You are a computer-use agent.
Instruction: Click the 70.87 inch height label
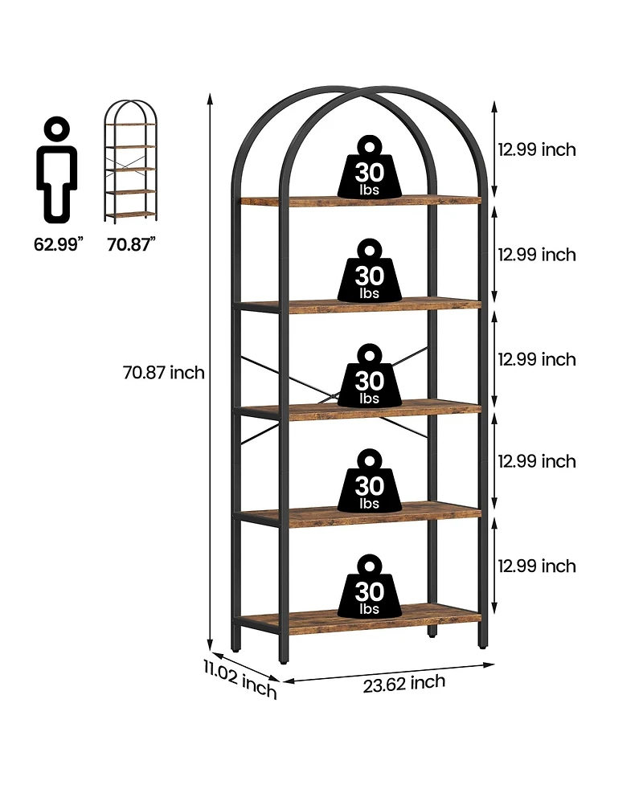point(164,373)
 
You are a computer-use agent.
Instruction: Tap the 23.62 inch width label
point(404,684)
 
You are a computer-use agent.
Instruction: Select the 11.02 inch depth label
point(240,678)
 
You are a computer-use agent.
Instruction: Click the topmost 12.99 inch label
point(537,149)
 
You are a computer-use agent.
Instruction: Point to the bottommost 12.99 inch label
point(537,566)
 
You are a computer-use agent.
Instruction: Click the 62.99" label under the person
point(58,244)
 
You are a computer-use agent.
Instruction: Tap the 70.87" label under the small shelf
point(131,244)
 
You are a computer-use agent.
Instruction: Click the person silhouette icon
point(56,170)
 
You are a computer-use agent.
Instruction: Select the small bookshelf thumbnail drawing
point(130,161)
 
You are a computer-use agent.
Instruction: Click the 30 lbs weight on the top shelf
point(370,166)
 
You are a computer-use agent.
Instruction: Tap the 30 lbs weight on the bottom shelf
point(370,586)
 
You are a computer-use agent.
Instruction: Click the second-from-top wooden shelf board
point(361,305)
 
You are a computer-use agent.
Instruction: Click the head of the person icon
point(56,129)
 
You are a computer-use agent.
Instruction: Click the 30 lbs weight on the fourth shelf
point(370,480)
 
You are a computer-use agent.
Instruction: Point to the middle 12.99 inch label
point(537,359)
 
